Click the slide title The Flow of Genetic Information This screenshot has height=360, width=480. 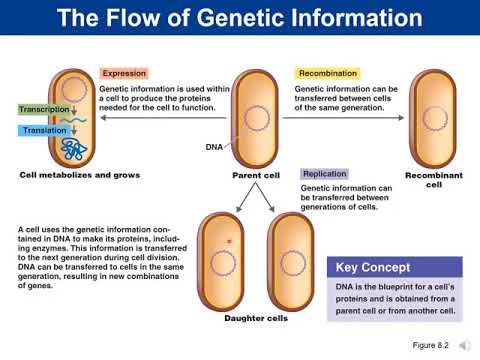click(240, 18)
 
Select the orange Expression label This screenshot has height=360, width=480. click(124, 74)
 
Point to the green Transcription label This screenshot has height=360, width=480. click(44, 110)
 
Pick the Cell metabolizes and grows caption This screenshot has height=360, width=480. click(80, 175)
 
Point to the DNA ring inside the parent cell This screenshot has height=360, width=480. click(258, 119)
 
